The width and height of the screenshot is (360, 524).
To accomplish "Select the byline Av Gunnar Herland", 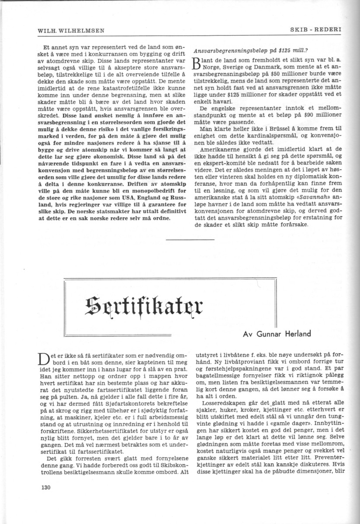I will pyautogui.click(x=277, y=334).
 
